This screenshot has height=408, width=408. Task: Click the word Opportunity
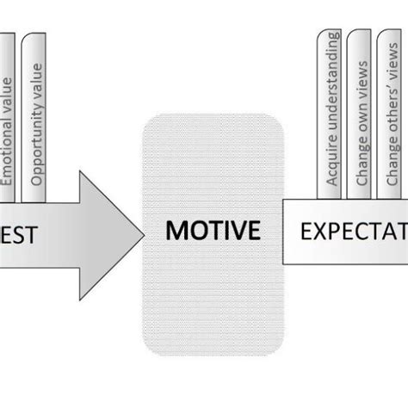[37, 150]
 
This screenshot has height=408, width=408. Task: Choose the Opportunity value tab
[37, 116]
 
